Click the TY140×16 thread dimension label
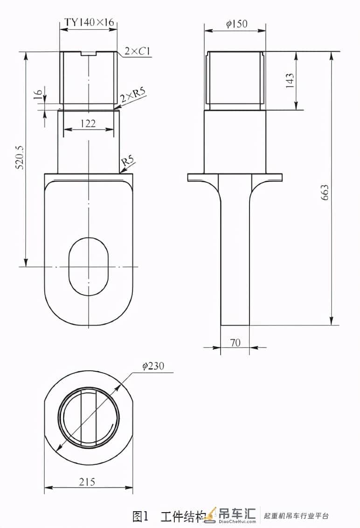(89, 22)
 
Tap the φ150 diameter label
(236, 24)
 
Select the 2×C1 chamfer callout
(137, 51)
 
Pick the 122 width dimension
(88, 123)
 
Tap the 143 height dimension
(289, 81)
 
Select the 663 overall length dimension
(325, 192)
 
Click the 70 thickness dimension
(235, 342)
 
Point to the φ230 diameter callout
(153, 366)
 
